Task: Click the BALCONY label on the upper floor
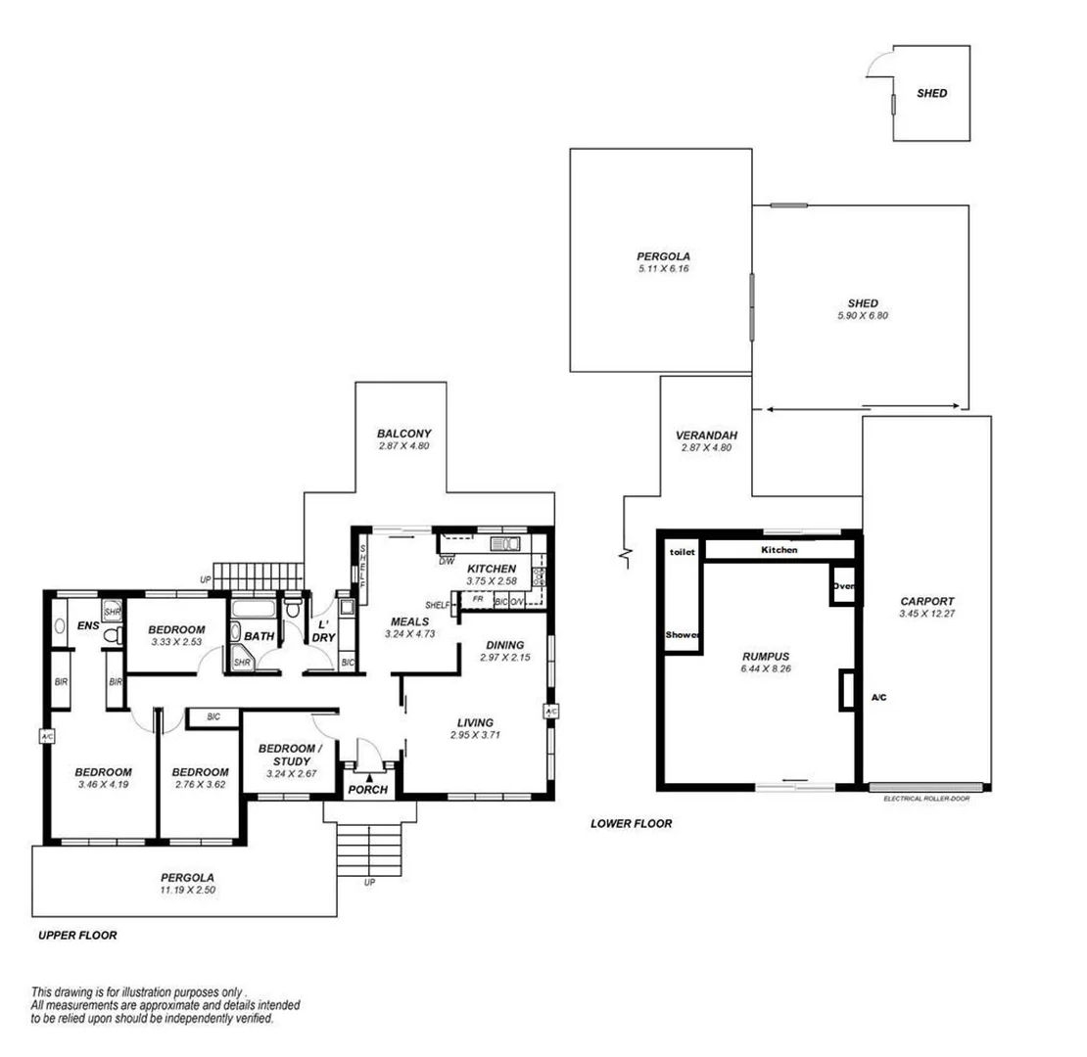403,433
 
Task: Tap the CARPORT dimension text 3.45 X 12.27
925,615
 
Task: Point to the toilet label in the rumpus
682,552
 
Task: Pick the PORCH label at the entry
368,790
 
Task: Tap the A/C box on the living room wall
550,712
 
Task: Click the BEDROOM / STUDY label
289,755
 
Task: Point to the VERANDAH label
705,436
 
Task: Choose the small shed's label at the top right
931,94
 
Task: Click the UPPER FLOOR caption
77,936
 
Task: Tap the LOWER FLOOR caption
631,824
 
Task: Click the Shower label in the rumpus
683,635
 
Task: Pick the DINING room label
505,644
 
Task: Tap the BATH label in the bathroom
260,636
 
